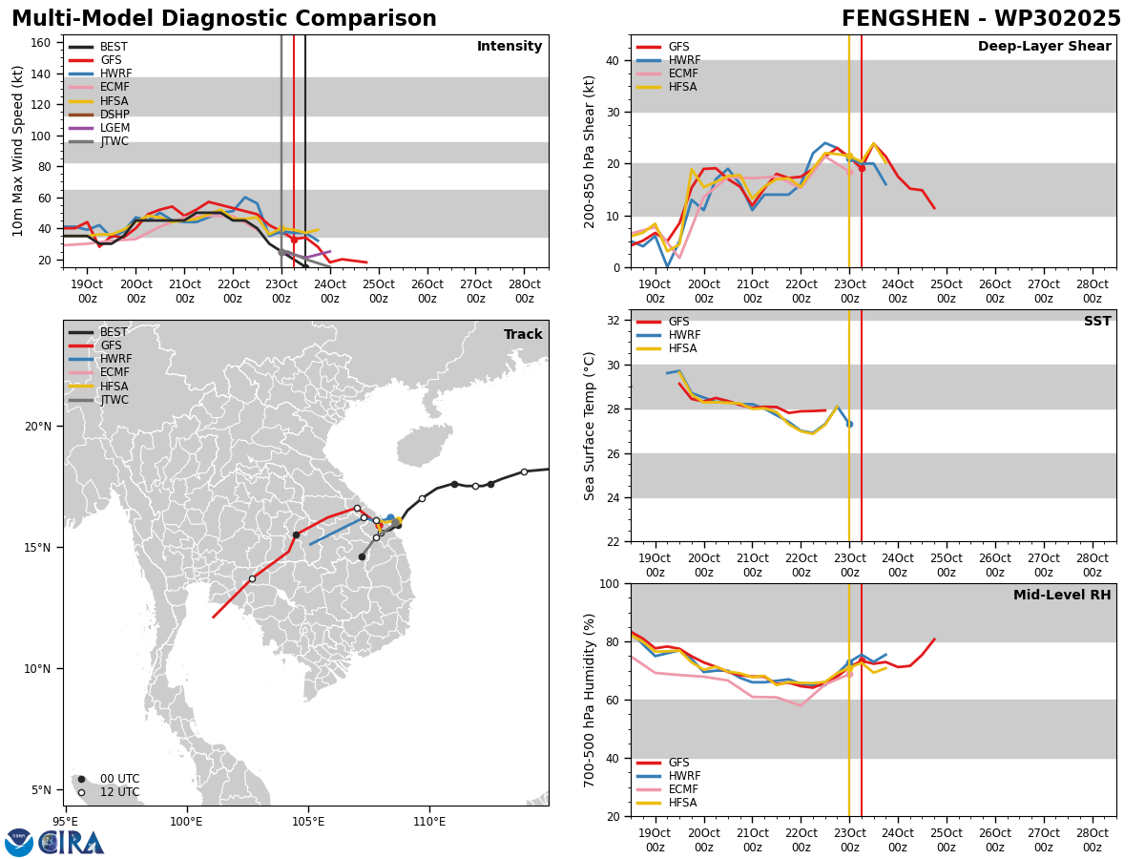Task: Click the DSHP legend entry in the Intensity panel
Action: coord(98,115)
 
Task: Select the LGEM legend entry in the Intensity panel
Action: coord(99,128)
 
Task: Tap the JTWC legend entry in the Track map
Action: coord(98,400)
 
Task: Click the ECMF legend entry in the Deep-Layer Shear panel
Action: coord(667,73)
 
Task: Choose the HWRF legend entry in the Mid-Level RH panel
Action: coord(668,776)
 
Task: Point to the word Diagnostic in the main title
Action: coord(222,19)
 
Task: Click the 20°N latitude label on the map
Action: coord(38,427)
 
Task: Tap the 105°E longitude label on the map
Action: coord(308,823)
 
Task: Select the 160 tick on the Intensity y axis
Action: coord(41,43)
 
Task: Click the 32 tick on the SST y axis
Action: coord(614,321)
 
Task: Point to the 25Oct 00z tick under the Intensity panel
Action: coord(379,291)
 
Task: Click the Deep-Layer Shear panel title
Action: coord(1044,46)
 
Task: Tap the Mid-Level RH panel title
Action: coord(1062,595)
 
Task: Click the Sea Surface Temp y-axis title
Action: coord(589,426)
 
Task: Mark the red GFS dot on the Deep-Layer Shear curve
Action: coord(862,169)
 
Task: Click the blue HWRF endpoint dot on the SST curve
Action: coord(850,425)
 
